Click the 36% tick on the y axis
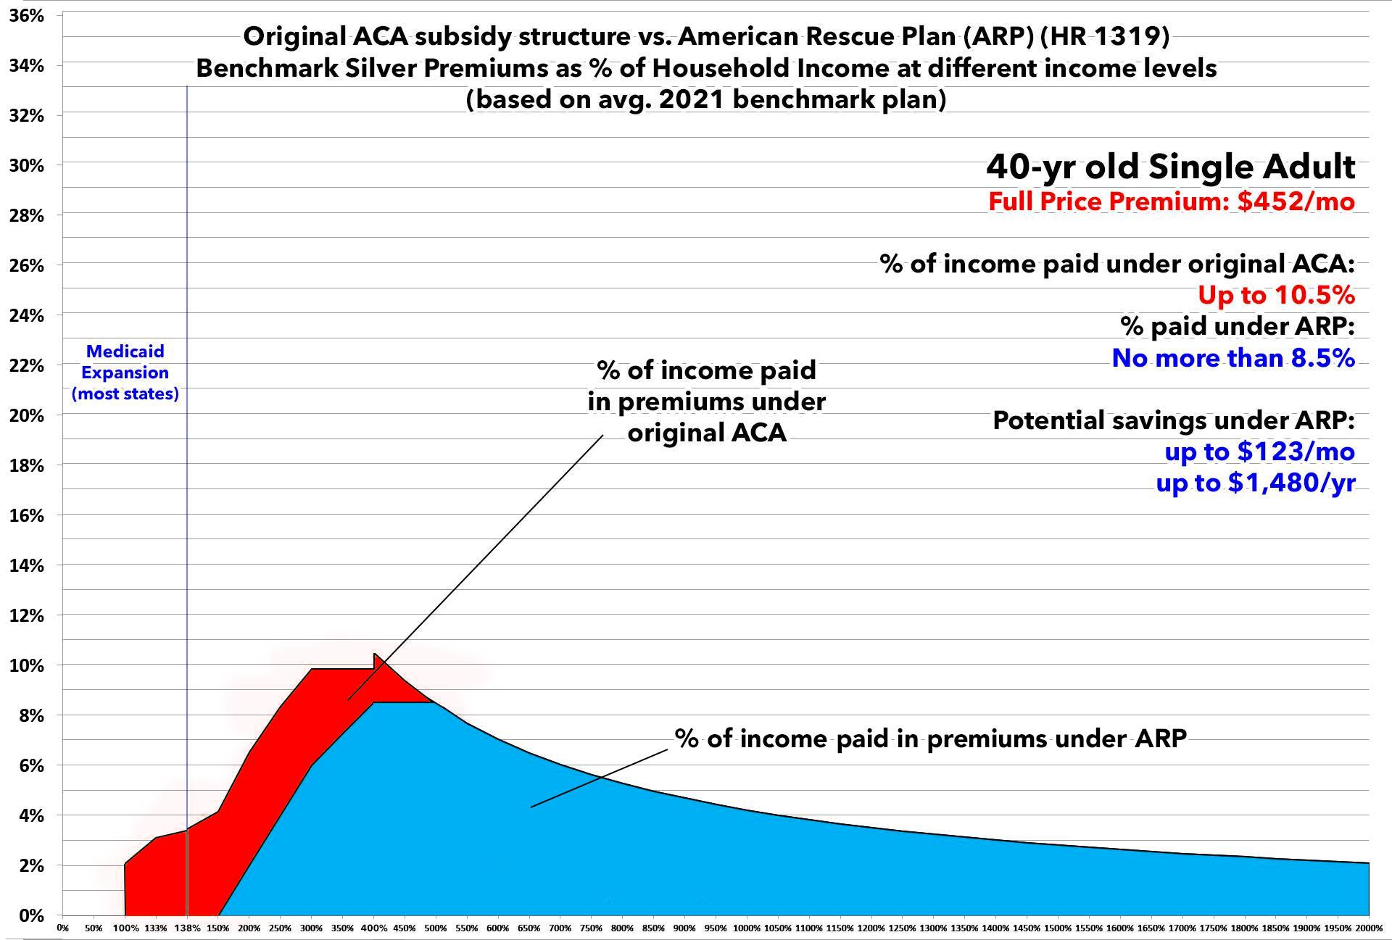(x=27, y=15)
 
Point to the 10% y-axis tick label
(x=27, y=665)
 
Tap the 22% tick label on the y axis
(x=27, y=365)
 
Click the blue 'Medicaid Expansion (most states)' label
(x=125, y=373)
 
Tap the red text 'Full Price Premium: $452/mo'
(x=1171, y=201)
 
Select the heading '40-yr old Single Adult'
(x=1170, y=166)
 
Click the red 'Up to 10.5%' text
(x=1275, y=295)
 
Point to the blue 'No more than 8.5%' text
(x=1232, y=358)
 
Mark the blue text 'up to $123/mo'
(x=1259, y=452)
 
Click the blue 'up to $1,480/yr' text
(x=1255, y=483)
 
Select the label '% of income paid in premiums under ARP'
(x=930, y=739)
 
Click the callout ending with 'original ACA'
(x=706, y=402)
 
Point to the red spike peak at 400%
(x=375, y=654)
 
